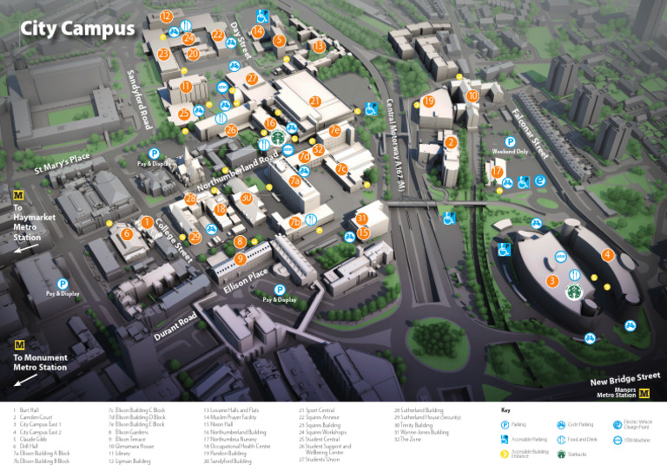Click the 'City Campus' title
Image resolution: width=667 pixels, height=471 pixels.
78,29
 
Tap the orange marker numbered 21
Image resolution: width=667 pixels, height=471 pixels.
315,101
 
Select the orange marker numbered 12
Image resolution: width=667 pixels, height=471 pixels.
166,16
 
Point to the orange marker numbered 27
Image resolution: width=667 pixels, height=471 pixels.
252,79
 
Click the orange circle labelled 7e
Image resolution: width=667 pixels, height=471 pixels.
334,131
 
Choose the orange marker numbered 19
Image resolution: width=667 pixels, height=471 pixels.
428,101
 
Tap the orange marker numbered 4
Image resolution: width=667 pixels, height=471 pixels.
607,255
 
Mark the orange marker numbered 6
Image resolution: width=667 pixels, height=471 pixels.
127,233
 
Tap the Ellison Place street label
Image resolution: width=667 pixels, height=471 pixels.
246,279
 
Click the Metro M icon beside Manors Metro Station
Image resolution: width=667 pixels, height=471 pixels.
644,393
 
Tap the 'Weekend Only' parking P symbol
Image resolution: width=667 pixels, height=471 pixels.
511,141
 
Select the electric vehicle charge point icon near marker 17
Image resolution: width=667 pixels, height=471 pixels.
540,181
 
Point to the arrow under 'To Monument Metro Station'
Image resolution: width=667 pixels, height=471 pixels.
26,379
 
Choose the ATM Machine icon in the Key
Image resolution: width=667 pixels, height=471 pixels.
631,440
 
